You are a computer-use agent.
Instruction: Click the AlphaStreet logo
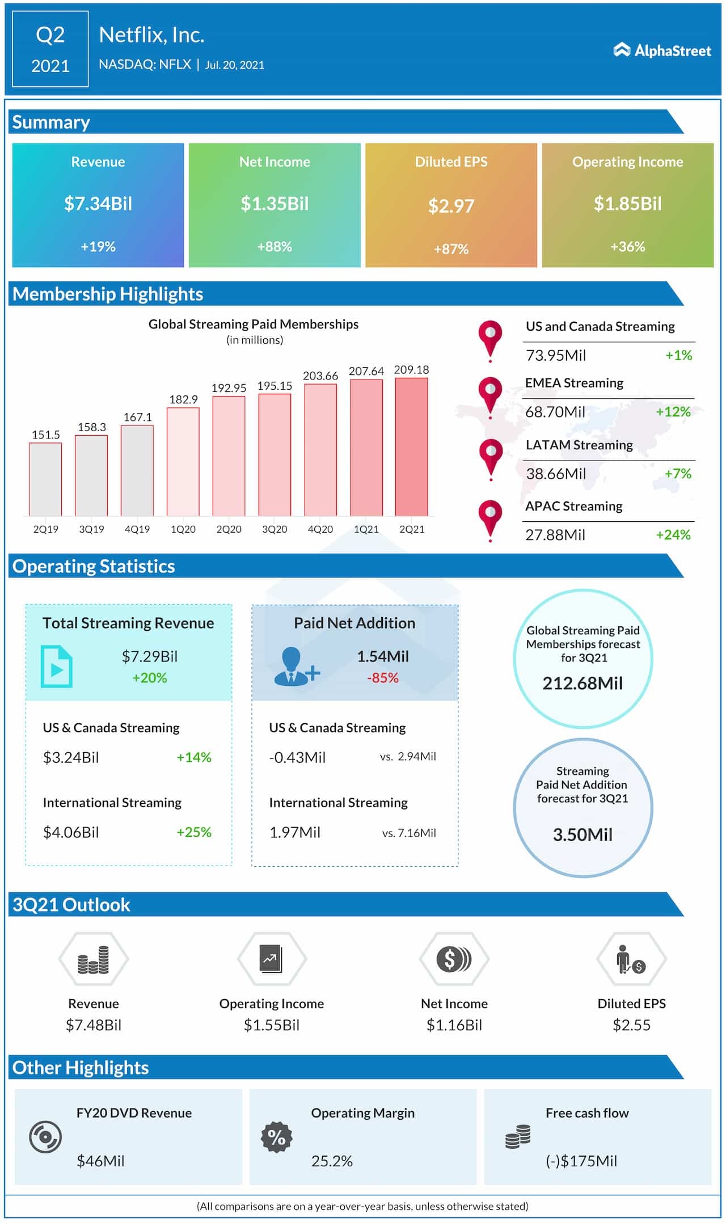662,50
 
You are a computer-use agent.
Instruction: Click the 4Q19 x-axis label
137,529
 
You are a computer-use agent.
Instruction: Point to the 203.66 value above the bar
320,376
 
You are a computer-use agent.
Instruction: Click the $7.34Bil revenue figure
98,204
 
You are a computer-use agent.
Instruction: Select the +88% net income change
275,247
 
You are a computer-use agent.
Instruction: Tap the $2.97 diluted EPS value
451,206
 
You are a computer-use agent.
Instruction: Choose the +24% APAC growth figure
673,535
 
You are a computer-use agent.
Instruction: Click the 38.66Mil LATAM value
556,474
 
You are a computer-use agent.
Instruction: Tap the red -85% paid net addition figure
383,678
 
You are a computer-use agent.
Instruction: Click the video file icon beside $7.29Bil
56,667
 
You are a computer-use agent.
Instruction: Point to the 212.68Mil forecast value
583,684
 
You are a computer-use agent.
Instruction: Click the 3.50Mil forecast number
583,835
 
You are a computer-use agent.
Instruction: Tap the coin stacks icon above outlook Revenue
94,959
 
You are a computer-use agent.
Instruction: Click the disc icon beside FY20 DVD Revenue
45,1137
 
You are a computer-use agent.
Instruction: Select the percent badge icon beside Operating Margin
277,1137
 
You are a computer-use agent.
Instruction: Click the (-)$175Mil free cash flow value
581,1161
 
